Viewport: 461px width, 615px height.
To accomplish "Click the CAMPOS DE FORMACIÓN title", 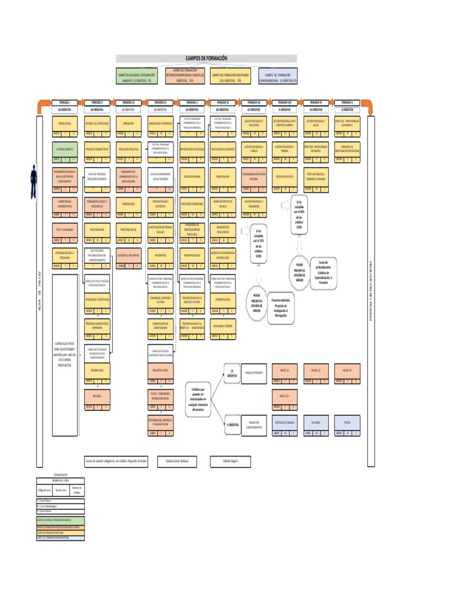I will click(x=206, y=58).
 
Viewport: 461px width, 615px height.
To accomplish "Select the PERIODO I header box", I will click(x=64, y=103).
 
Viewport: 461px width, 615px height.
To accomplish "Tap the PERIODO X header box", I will click(x=348, y=103).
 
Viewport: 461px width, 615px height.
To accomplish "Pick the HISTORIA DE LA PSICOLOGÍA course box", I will click(x=96, y=123).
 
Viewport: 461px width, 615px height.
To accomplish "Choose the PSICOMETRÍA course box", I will click(x=160, y=255).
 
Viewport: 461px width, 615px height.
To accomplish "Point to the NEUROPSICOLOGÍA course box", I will click(x=191, y=255).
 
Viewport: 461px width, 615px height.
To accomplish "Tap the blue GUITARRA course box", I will click(x=316, y=422).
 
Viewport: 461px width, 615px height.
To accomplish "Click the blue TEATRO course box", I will click(x=348, y=422).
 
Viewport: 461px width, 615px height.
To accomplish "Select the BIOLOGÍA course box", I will click(x=96, y=397).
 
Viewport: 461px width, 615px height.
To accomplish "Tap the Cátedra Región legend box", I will click(x=230, y=461).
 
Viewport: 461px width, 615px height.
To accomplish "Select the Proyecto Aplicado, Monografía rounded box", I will click(x=279, y=308).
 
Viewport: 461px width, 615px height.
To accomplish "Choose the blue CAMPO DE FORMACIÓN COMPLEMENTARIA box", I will click(x=278, y=76).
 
